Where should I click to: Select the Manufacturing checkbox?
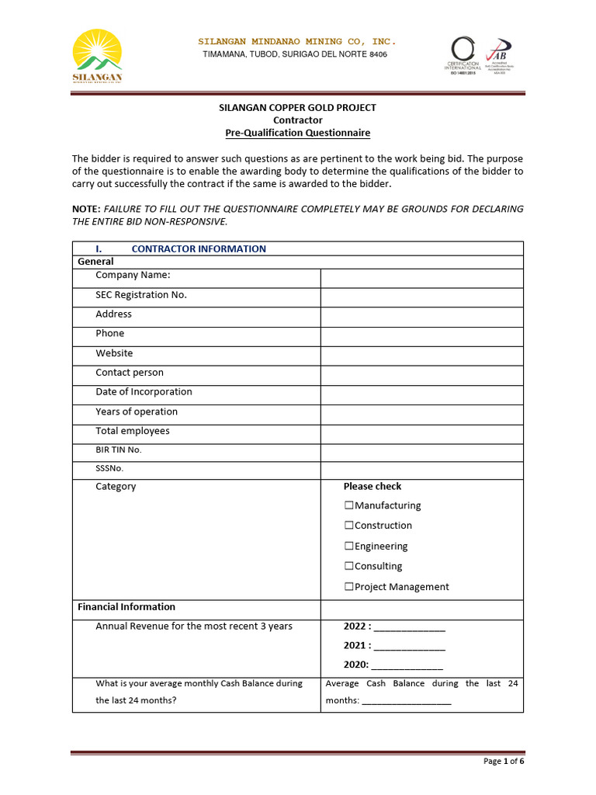349,505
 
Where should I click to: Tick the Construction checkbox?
349,526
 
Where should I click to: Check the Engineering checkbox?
349,547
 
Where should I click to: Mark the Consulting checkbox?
349,567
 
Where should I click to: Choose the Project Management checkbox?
349,587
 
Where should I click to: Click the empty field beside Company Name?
421,278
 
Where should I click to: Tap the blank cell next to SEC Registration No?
421,297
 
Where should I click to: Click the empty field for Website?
421,356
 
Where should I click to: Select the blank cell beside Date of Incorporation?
421,394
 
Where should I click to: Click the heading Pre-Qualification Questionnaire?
298,133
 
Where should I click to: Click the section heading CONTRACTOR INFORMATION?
199,249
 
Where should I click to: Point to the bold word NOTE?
86,209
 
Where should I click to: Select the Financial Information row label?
126,607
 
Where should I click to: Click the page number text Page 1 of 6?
504,762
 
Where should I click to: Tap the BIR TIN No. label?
119,450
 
